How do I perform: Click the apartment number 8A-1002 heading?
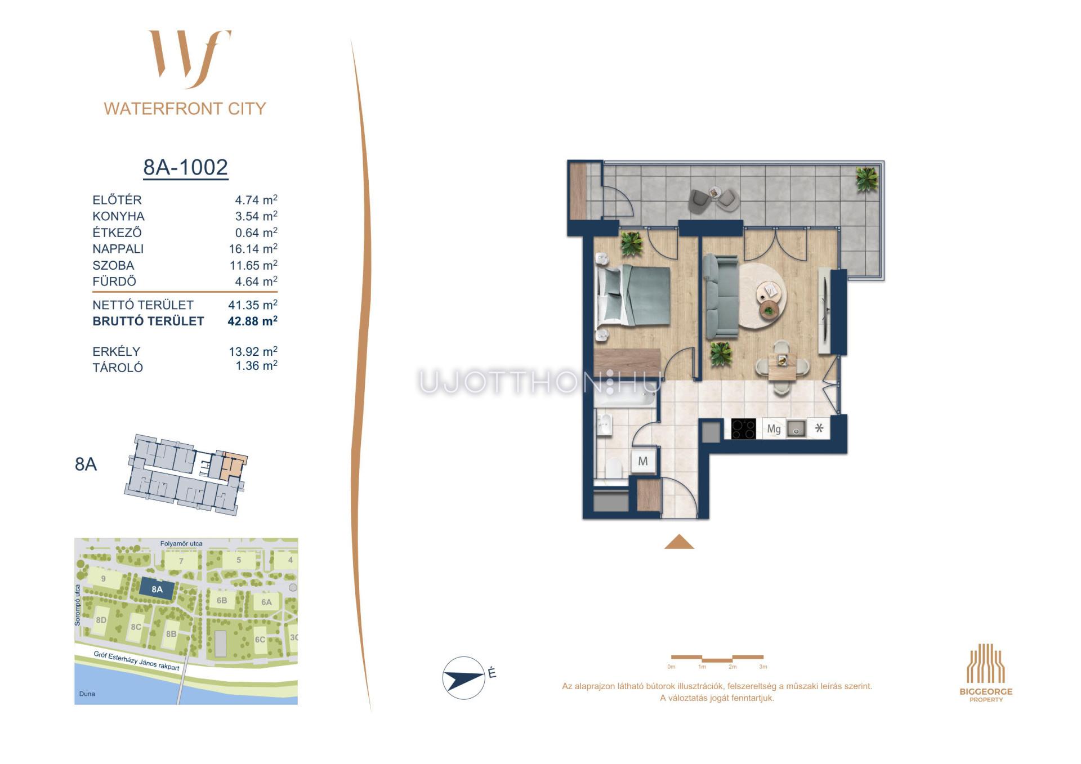(186, 167)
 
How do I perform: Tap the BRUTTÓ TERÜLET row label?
(148, 321)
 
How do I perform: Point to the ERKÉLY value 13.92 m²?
(253, 351)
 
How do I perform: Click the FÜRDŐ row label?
(114, 282)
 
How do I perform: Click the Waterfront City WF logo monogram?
(190, 59)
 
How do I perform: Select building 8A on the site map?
(157, 589)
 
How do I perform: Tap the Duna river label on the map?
(87, 694)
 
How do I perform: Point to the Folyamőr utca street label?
(181, 544)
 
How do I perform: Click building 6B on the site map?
(222, 601)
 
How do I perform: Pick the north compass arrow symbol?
(463, 677)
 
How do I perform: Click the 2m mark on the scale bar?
(732, 667)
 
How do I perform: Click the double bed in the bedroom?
(633, 296)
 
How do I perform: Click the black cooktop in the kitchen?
(743, 429)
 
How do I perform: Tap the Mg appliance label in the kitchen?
(774, 429)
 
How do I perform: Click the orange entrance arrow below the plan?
(679, 541)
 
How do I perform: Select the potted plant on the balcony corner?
(866, 179)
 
